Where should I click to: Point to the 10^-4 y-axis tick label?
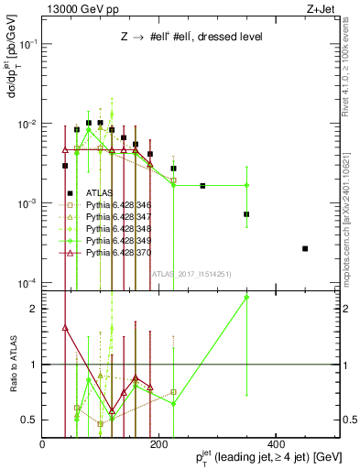pyautogui.click(x=26, y=282)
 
